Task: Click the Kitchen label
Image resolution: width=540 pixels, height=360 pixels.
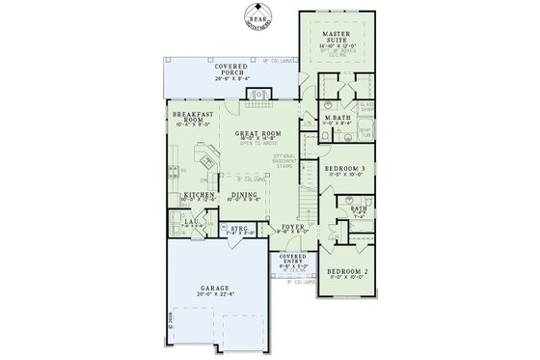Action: [x=198, y=195]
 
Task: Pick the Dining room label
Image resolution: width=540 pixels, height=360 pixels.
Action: [x=244, y=195]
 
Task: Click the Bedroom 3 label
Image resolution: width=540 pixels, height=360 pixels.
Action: [x=345, y=168]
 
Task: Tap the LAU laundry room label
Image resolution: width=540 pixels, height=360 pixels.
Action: [x=191, y=223]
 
